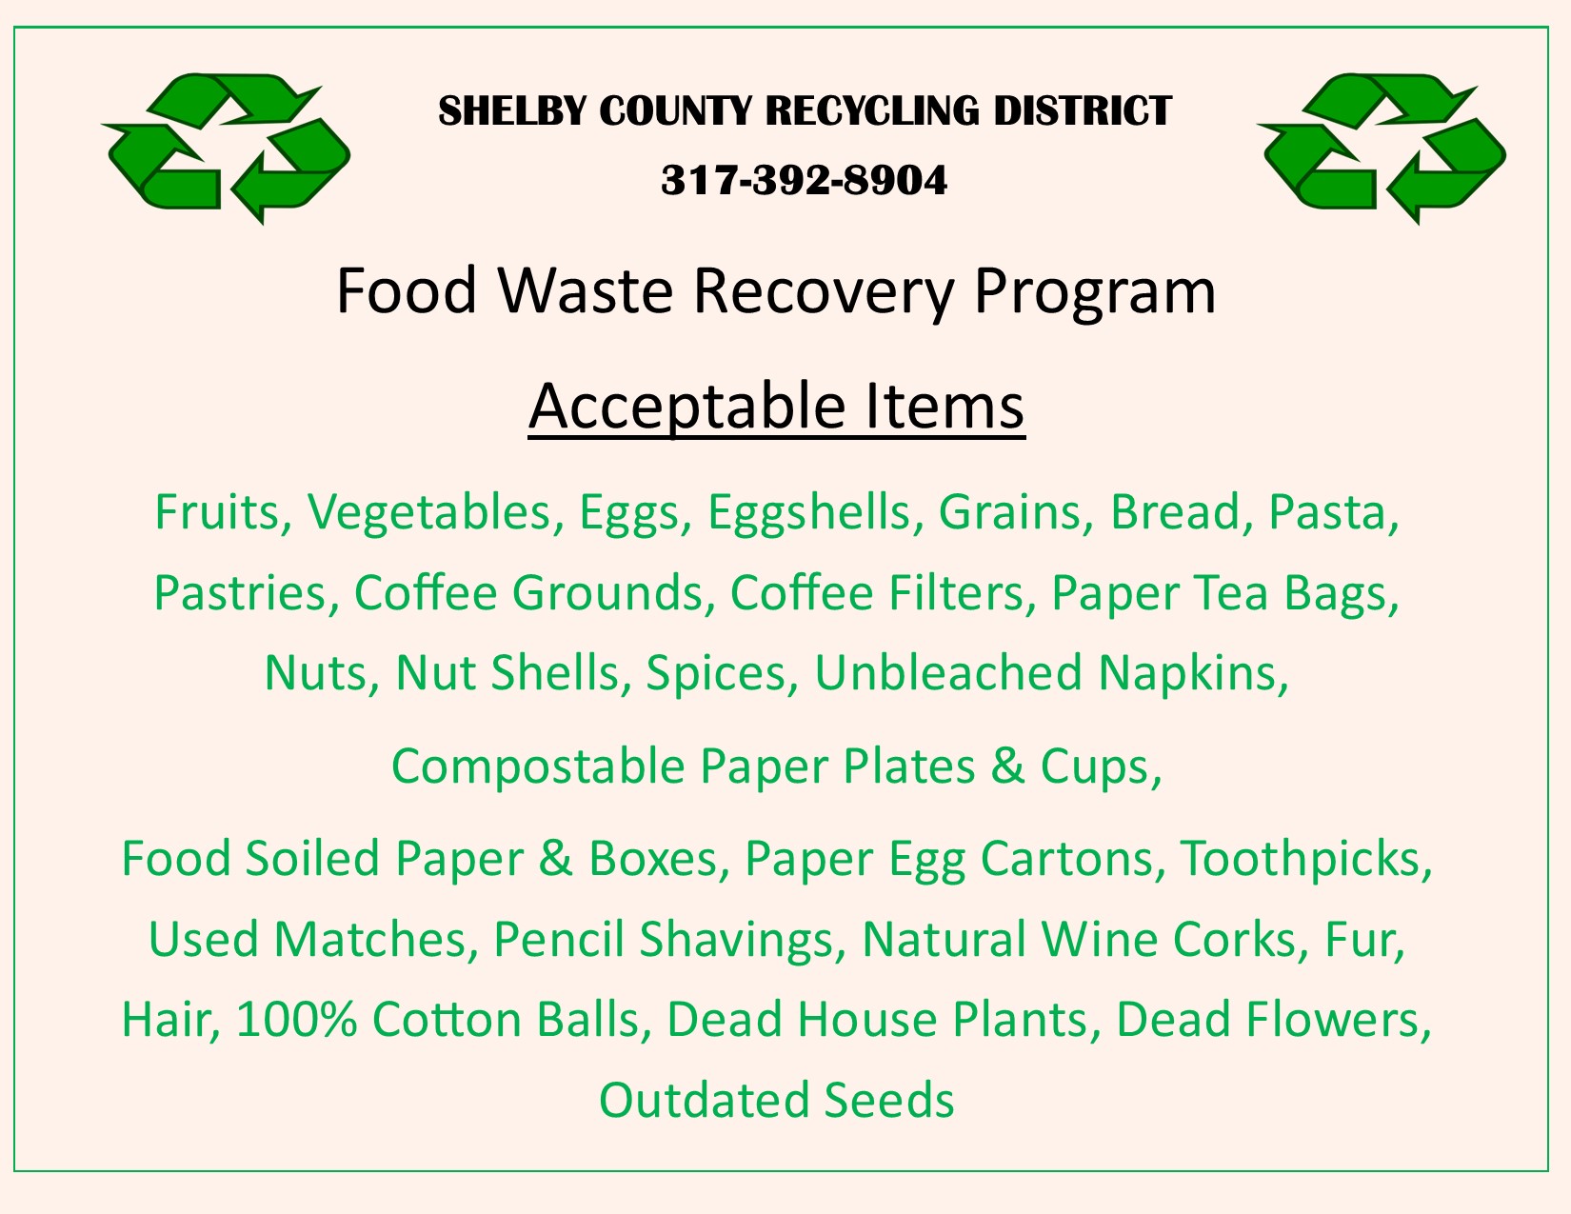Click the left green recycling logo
point(227,148)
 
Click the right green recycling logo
point(1382,148)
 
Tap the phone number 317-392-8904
point(805,180)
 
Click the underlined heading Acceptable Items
point(776,406)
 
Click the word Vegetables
point(429,512)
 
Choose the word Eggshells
point(809,512)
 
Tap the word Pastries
point(239,592)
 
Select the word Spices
point(716,672)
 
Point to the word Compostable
point(537,766)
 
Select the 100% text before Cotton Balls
point(296,1019)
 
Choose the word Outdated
point(704,1100)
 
